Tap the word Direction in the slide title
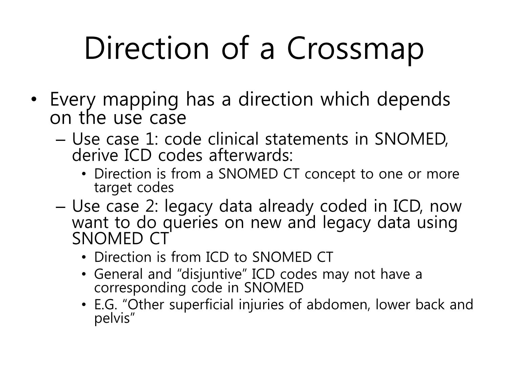(x=147, y=48)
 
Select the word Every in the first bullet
(x=73, y=100)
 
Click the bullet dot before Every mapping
(x=34, y=100)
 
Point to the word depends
(x=414, y=100)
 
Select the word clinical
(x=233, y=139)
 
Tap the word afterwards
(x=251, y=155)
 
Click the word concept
(x=330, y=174)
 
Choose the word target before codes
(x=113, y=188)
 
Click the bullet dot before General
(x=84, y=274)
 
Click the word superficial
(x=202, y=305)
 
